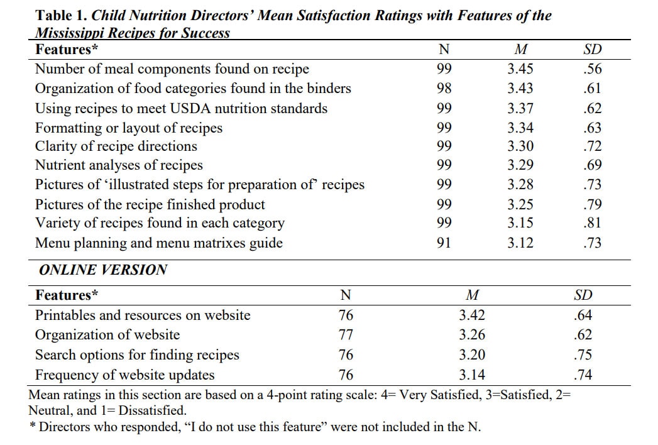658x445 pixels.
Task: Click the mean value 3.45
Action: (520, 69)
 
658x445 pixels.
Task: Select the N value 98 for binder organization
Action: (444, 89)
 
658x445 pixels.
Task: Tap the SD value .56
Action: (592, 69)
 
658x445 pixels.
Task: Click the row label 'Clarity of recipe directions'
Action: (116, 146)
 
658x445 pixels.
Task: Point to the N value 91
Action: (444, 243)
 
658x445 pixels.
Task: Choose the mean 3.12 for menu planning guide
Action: (520, 243)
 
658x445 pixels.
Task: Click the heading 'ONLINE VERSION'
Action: (103, 270)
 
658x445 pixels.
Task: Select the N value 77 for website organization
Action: (346, 335)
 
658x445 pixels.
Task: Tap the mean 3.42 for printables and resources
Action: (471, 316)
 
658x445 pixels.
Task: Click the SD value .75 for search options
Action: (583, 355)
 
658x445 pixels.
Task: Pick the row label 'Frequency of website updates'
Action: (124, 375)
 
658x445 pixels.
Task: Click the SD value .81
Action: (592, 223)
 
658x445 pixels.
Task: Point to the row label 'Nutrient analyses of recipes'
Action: (119, 165)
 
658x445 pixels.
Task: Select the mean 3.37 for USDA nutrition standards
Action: (520, 108)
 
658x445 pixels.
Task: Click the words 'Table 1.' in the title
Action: (61, 15)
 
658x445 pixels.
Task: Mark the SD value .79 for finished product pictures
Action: (592, 204)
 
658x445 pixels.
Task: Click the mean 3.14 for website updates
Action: (471, 375)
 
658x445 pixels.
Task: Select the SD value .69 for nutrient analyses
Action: (592, 165)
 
